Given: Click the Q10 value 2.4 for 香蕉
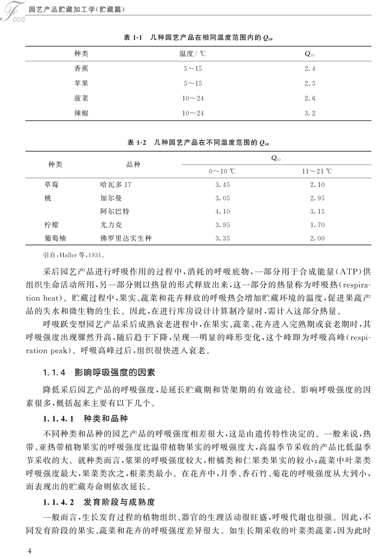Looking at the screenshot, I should click(309, 69).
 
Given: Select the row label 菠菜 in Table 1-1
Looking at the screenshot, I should click(82, 98).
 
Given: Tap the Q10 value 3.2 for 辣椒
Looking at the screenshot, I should click(309, 113).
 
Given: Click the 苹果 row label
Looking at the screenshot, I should click(82, 84).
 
